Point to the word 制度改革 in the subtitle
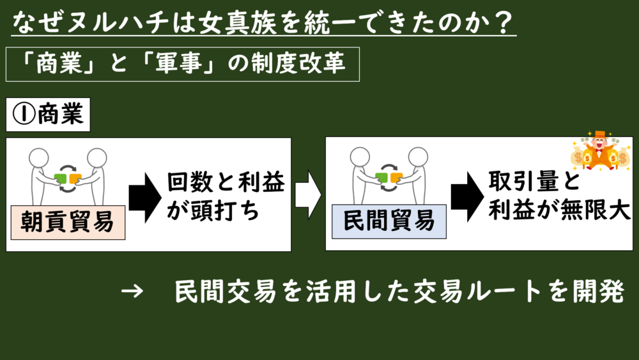click(x=298, y=64)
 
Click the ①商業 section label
click(x=48, y=114)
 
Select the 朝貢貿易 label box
click(x=68, y=222)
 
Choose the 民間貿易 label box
click(x=389, y=221)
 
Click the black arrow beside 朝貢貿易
click(x=145, y=198)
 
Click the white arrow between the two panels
click(x=308, y=195)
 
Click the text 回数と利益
click(x=226, y=182)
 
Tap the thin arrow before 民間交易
click(x=132, y=291)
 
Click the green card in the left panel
click(x=60, y=178)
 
